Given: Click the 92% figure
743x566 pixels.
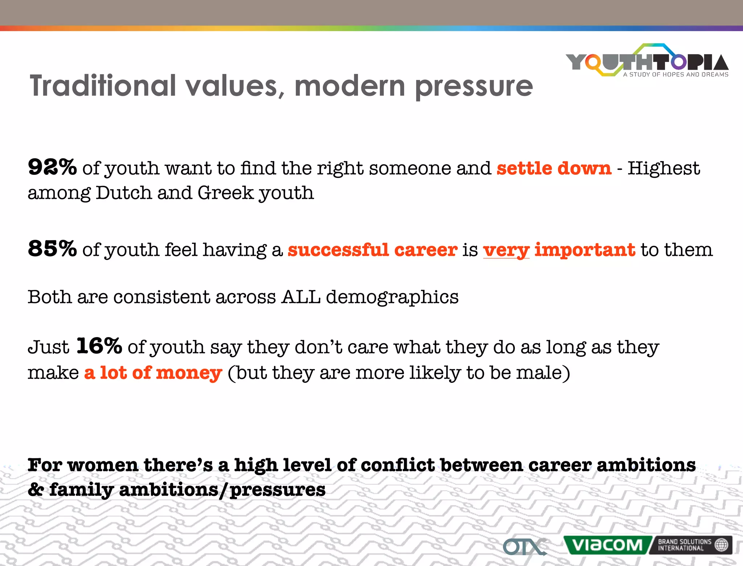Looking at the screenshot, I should [52, 168].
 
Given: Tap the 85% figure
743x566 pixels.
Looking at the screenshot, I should [52, 249].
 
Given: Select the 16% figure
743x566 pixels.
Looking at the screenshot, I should [99, 346].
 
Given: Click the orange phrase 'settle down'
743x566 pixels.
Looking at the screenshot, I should [554, 168].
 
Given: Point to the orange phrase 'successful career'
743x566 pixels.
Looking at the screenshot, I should [372, 250].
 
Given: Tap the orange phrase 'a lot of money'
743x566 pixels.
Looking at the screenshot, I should [153, 373].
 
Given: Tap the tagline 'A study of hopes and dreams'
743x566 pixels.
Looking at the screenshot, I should [676, 74].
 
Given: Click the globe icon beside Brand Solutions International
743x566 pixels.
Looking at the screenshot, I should [721, 545].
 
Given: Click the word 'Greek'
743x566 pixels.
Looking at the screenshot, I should [225, 193].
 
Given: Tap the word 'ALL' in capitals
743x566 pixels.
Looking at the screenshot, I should [301, 297].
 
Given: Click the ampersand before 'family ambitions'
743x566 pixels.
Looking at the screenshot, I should [36, 490].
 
